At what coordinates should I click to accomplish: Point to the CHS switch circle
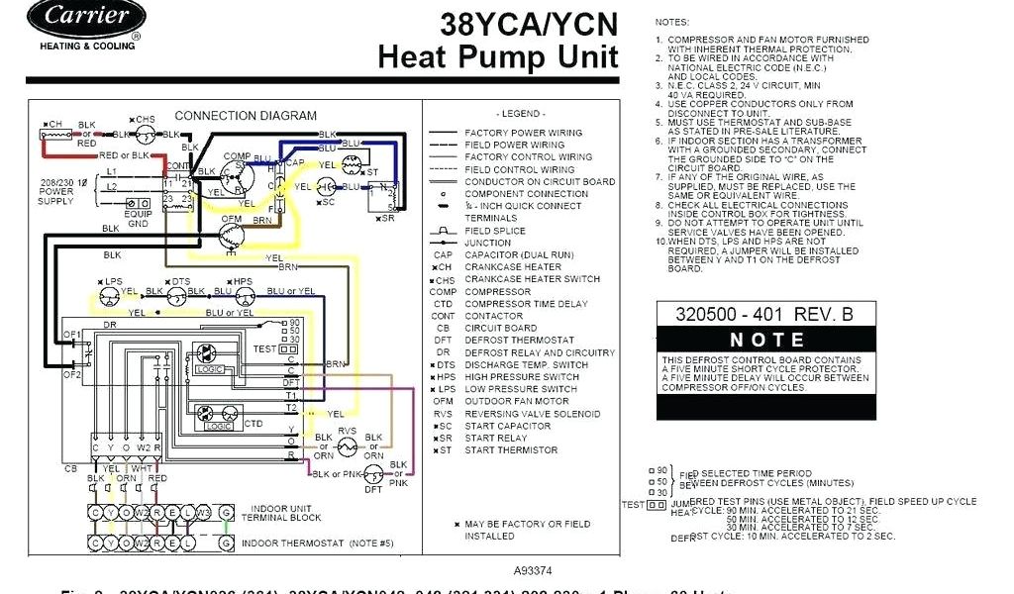pyautogui.click(x=146, y=134)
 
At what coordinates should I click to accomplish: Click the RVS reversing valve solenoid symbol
pyautogui.click(x=347, y=447)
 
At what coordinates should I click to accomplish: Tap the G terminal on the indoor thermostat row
pyautogui.click(x=227, y=544)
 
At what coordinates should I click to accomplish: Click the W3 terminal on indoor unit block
pyautogui.click(x=202, y=513)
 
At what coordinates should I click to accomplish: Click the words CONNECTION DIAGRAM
pyautogui.click(x=246, y=116)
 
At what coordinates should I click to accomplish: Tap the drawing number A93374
pyautogui.click(x=535, y=571)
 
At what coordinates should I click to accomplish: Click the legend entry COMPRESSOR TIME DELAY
pyautogui.click(x=526, y=304)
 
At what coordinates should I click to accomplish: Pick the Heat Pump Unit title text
pyautogui.click(x=497, y=56)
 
